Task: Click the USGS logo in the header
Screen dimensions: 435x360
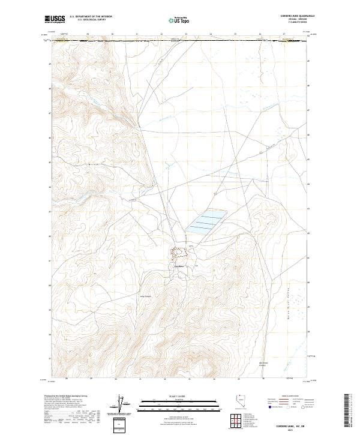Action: pos(56,19)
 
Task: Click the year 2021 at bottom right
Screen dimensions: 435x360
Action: pos(302,428)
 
